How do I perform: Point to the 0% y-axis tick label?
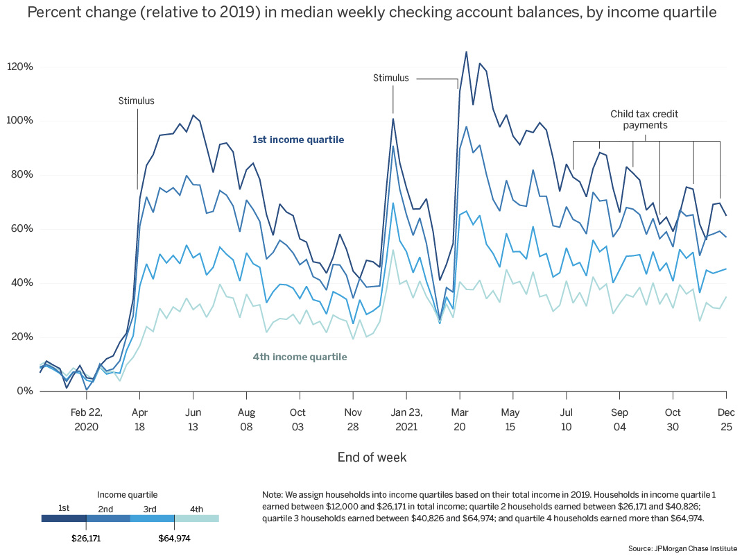pos(24,391)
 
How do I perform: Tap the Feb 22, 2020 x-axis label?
pos(86,418)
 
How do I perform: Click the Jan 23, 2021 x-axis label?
pos(407,418)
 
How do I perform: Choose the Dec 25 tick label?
pos(726,418)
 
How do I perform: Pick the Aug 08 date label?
pos(245,418)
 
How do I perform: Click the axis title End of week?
pos(372,457)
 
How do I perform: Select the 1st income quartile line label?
pos(298,140)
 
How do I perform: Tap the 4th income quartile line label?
pos(300,357)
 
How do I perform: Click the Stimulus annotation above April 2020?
pos(136,101)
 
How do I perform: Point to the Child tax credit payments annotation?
pos(639,119)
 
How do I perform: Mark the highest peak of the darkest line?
pos(466,52)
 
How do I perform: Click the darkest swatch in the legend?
pos(64,518)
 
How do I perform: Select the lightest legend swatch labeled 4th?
pos(196,518)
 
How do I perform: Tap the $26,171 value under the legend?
pos(86,538)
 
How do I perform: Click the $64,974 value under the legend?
pos(174,538)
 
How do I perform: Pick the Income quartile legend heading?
pos(127,495)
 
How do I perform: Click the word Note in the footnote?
pos(272,494)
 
